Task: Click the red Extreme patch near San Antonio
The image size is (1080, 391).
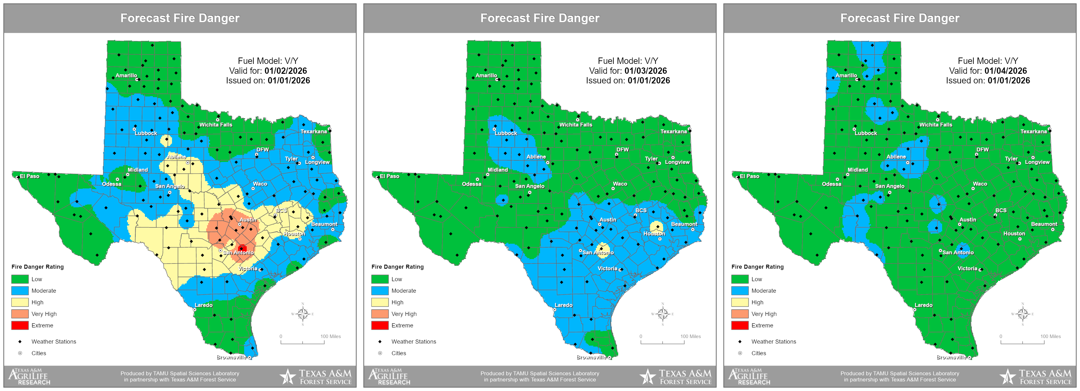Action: tap(242, 248)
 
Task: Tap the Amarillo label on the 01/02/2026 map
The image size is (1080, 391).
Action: tap(126, 75)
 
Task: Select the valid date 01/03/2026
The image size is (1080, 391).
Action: tap(645, 71)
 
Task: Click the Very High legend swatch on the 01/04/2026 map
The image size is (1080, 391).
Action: tap(739, 314)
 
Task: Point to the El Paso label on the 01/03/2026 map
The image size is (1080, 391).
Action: tap(389, 176)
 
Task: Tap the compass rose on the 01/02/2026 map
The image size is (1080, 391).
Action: tap(302, 314)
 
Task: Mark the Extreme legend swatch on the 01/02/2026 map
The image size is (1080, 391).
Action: tap(20, 326)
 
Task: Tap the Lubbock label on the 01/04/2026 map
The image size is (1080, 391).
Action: tap(866, 134)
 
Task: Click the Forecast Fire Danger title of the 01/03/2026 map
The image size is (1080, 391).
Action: tap(540, 18)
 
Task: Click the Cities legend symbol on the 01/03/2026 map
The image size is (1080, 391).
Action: tap(380, 353)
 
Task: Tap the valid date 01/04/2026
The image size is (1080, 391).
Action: tap(1005, 71)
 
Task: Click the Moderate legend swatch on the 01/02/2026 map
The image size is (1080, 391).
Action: tap(20, 291)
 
